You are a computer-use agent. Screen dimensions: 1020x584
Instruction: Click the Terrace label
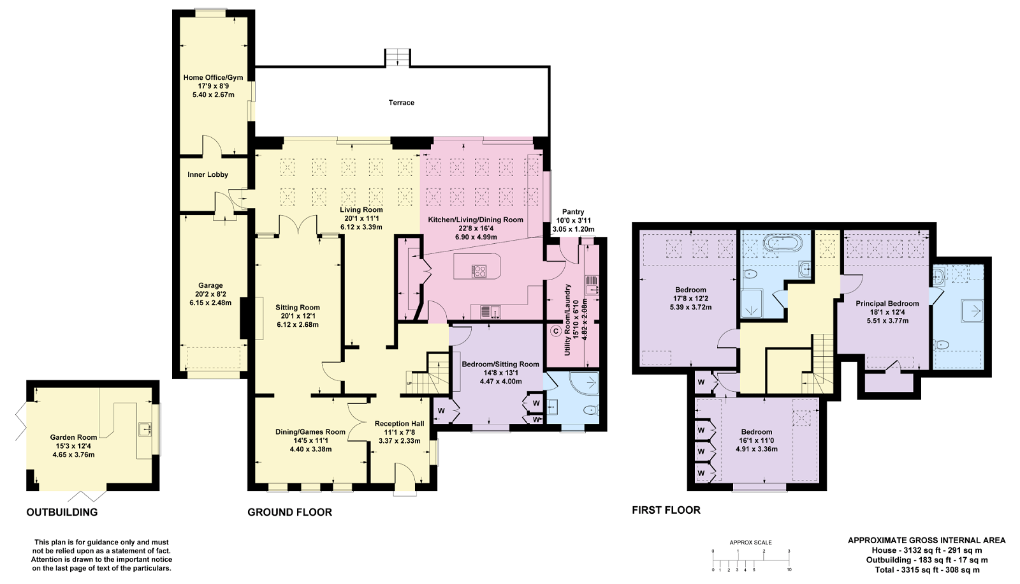401,103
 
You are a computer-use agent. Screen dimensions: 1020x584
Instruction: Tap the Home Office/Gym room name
213,77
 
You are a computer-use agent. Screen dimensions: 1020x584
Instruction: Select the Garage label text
210,285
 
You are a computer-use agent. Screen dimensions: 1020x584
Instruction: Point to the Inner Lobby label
208,175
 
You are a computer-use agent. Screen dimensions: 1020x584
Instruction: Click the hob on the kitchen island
479,272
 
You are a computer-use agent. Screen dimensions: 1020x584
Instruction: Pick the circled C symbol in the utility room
555,331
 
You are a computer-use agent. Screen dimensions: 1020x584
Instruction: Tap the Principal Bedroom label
887,304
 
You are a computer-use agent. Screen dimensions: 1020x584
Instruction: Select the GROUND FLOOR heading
289,513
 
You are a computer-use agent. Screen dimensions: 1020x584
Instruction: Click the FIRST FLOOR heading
666,510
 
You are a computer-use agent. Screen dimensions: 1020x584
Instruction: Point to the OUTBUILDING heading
62,513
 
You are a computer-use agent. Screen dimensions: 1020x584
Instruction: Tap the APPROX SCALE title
750,543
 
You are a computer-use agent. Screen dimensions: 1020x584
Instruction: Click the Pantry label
573,211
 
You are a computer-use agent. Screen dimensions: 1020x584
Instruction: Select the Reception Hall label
399,424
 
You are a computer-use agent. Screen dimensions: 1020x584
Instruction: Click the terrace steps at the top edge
398,58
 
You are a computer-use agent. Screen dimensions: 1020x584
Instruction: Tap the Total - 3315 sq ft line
927,570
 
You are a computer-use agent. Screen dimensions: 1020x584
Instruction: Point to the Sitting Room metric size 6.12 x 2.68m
298,325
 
